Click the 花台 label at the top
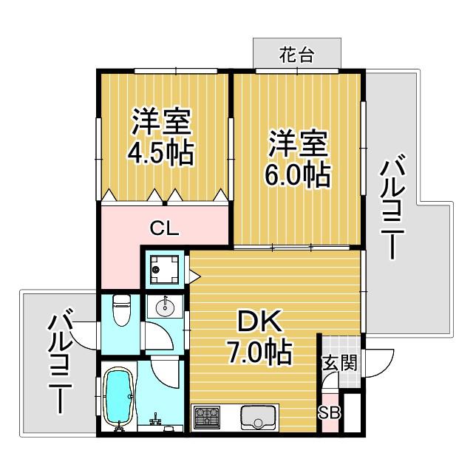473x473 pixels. click(x=297, y=55)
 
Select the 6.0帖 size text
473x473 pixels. click(x=297, y=174)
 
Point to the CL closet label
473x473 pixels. click(x=165, y=228)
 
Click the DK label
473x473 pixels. click(x=260, y=322)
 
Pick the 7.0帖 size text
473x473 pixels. click(x=259, y=353)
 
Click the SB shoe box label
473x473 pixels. click(x=330, y=412)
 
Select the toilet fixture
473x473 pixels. click(x=121, y=310)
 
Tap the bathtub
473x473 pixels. click(x=118, y=398)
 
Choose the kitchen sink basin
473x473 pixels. click(x=259, y=418)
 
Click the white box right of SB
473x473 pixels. click(x=353, y=413)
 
